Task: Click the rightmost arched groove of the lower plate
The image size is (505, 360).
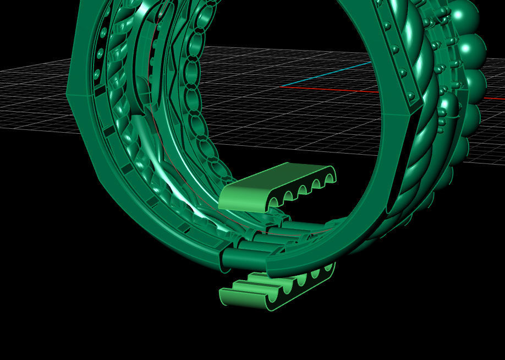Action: point(328,270)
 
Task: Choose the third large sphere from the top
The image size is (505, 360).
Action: point(474,83)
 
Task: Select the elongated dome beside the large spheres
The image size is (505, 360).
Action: point(448,110)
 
